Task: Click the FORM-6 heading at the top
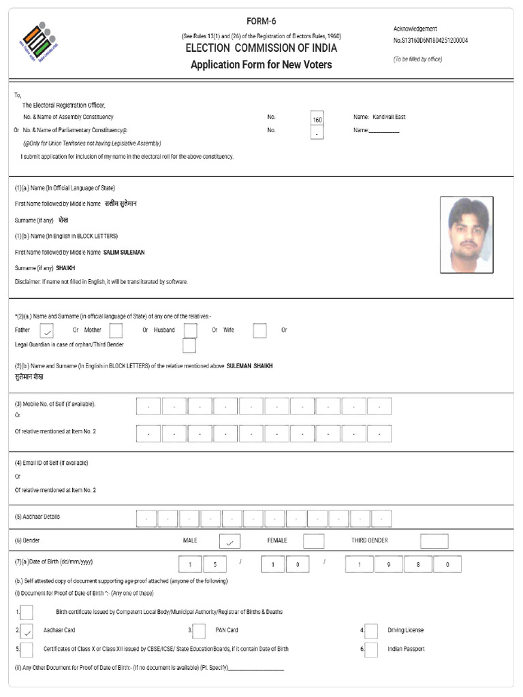261,21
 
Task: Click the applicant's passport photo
466,235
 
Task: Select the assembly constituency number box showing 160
317,118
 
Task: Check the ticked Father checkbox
46,331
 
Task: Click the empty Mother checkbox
116,331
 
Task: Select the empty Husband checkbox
191,331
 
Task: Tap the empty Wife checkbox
259,331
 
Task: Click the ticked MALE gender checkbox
229,542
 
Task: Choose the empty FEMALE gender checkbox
313,541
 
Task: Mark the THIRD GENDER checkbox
434,541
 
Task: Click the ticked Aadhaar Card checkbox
27,631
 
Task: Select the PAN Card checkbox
200,631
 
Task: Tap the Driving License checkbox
372,631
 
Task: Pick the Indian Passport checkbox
372,649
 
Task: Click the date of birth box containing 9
388,564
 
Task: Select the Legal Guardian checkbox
189,346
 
